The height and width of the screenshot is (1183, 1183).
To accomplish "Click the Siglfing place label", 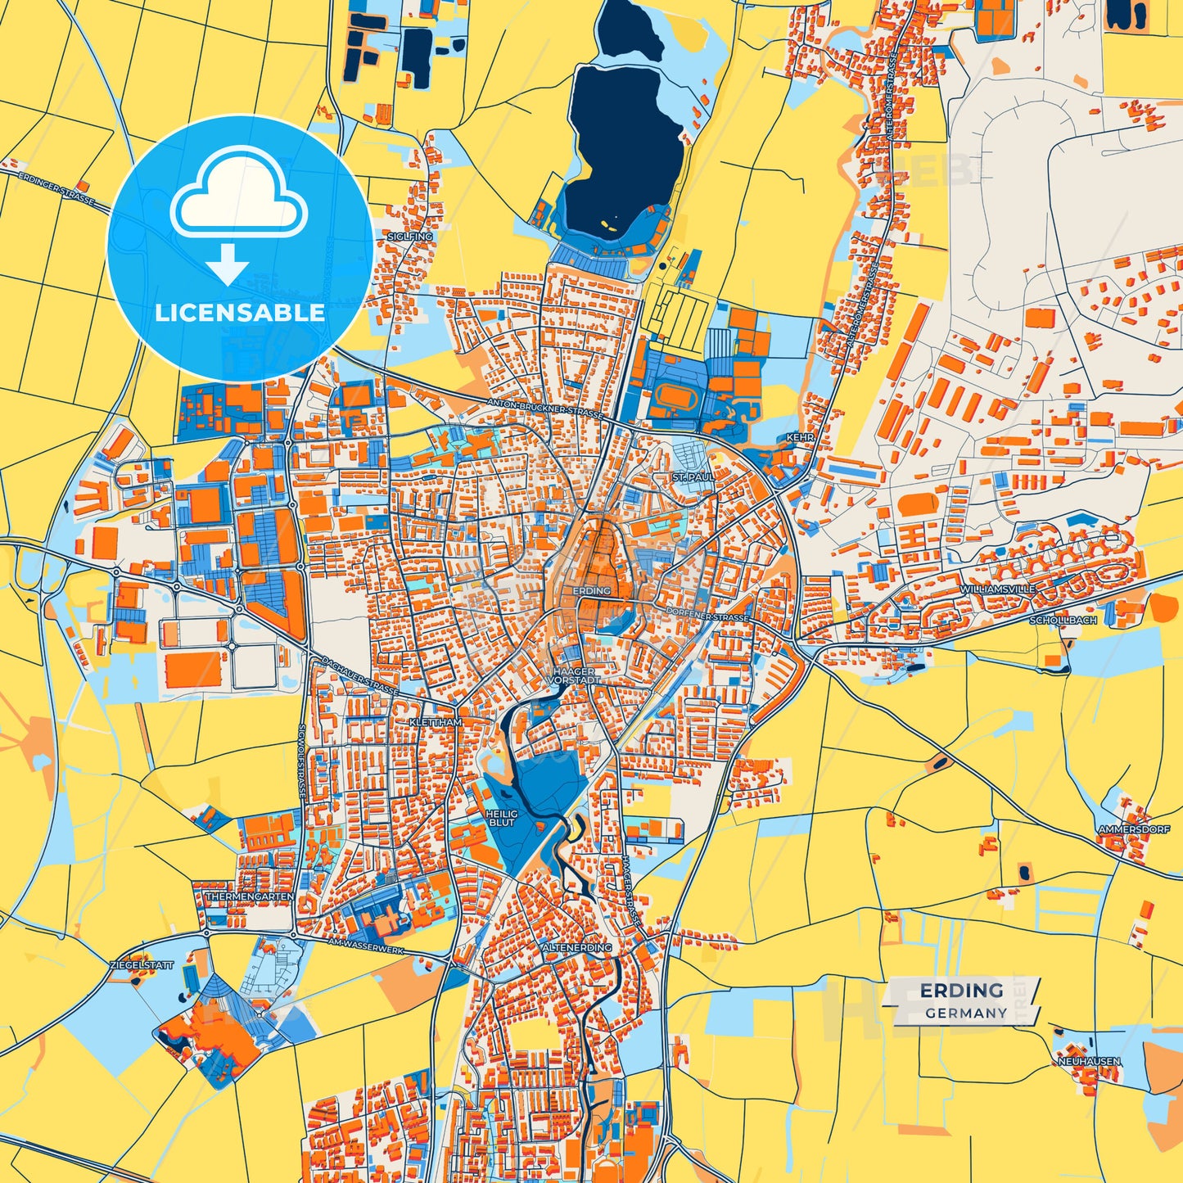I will pos(414,237).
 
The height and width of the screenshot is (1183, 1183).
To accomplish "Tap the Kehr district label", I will pos(800,438).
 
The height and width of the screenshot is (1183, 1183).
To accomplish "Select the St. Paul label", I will pos(693,476).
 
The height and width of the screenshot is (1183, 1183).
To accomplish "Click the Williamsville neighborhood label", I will pos(997,589).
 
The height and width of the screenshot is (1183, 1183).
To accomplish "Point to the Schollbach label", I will pos(1063,621).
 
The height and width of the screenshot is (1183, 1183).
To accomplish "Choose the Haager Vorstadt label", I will pos(573,675).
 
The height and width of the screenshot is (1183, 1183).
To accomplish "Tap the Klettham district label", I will pos(436,723).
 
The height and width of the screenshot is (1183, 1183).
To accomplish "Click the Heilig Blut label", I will pos(501,818).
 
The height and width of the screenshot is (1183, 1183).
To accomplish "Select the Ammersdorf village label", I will pos(1133,829).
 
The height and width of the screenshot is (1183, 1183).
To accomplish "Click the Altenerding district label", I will pos(576,947).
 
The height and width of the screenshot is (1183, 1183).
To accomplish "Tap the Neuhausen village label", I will pos(1088,1061).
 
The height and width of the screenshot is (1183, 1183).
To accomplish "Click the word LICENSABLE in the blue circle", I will pos(240,313).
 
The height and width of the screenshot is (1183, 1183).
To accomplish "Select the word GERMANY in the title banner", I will pos(966,1013).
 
